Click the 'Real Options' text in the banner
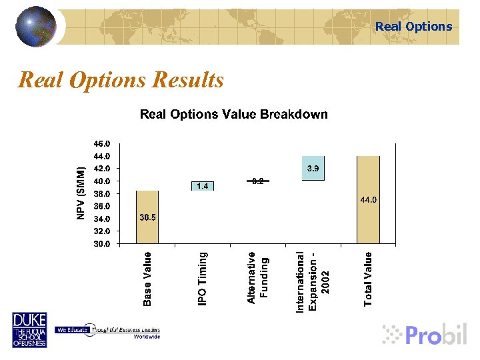[x=413, y=27]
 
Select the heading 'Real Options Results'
[x=121, y=80]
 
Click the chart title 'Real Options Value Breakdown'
[x=233, y=114]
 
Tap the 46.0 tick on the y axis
[x=102, y=143]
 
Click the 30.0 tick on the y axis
[x=102, y=244]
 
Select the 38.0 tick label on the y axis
[x=102, y=193]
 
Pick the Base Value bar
[x=147, y=217]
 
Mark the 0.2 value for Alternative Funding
[x=258, y=181]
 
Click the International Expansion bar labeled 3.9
[x=313, y=168]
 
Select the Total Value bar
[x=368, y=200]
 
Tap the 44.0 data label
[x=369, y=200]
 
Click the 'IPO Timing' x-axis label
[x=203, y=278]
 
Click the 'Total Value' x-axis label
[x=368, y=279]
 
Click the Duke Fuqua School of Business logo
[x=29, y=330]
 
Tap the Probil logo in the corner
[x=427, y=333]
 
